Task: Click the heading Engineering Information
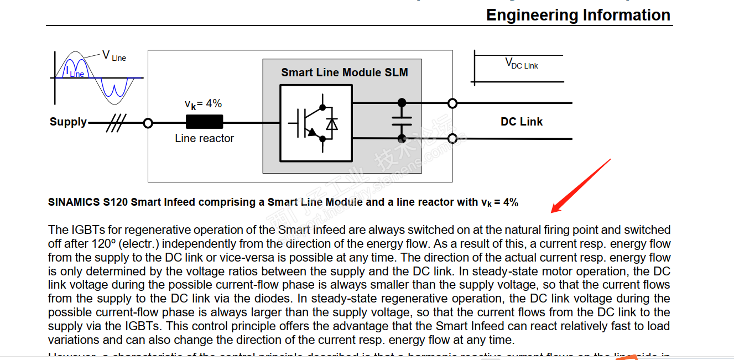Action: pos(578,15)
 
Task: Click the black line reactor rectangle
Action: pos(204,122)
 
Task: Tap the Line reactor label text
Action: pos(204,138)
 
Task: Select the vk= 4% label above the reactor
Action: pos(203,104)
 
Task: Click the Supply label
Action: pos(68,122)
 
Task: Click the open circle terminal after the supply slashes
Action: pos(148,123)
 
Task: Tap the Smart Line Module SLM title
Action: pos(344,72)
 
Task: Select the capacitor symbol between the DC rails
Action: pos(402,121)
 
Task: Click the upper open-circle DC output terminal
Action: pos(452,103)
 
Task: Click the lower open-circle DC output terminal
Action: pos(452,138)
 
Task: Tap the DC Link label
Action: pos(521,122)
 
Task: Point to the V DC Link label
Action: pos(521,64)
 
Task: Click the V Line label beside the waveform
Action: pos(114,56)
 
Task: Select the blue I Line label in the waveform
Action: pos(75,72)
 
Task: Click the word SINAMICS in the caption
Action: pos(74,202)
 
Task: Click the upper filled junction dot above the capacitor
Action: pos(402,102)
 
